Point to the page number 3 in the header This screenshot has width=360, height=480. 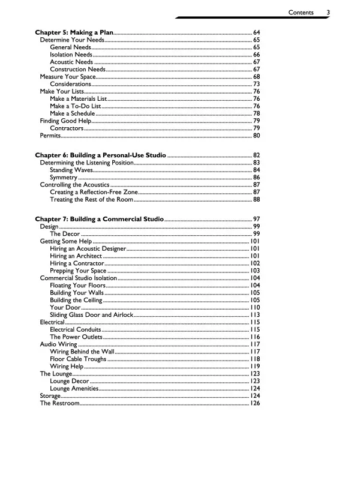329,11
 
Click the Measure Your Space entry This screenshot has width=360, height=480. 67,77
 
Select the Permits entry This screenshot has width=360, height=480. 50,135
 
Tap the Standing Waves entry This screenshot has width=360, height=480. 71,170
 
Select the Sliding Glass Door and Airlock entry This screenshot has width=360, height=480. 92,314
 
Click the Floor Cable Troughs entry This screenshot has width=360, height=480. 78,359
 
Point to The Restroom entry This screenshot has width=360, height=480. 59,403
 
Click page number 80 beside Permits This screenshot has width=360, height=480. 256,135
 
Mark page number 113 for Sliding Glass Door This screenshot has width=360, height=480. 255,314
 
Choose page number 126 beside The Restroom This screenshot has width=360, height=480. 255,403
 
